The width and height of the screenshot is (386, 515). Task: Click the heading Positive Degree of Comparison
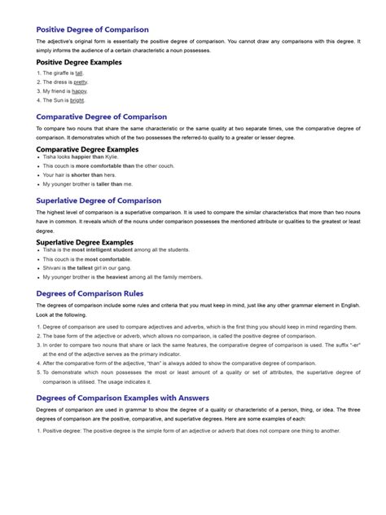[92, 29]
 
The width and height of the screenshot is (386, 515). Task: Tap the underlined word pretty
[81, 81]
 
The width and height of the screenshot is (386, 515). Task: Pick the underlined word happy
[79, 91]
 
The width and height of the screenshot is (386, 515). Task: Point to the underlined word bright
[77, 100]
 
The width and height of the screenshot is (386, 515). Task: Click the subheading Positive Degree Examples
[78, 62]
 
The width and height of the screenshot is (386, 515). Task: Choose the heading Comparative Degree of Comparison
[101, 117]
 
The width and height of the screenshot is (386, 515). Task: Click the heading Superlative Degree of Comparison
[99, 200]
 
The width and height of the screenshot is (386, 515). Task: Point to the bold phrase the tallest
[78, 267]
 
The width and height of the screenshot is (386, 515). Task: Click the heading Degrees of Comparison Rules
[90, 293]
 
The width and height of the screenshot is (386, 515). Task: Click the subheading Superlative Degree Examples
[84, 242]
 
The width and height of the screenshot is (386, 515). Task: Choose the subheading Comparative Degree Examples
[87, 149]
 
